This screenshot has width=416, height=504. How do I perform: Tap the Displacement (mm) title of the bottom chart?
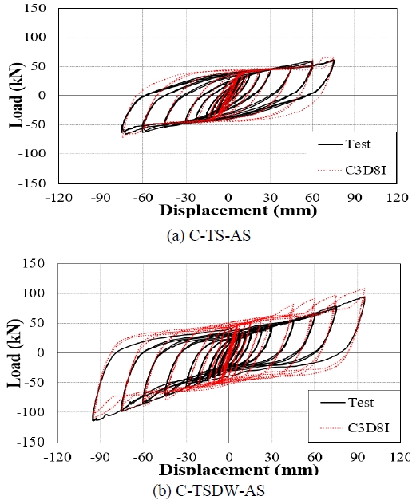click(238, 469)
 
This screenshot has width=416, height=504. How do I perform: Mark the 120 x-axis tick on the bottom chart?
click(399, 456)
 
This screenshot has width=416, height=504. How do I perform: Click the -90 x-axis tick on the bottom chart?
click(100, 456)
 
